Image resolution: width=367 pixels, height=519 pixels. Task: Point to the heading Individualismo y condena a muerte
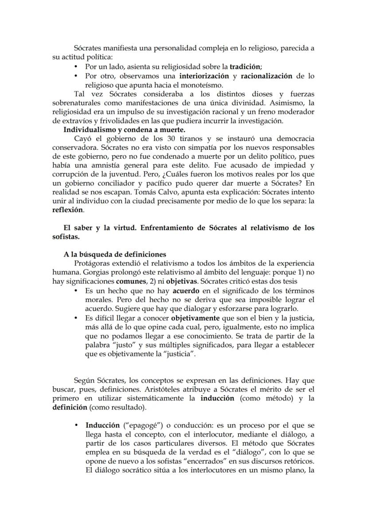point(125,130)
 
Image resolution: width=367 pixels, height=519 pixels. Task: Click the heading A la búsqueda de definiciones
point(115,254)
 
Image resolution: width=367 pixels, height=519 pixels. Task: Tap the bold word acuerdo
point(186,291)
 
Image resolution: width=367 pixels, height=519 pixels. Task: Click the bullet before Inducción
point(77,426)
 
